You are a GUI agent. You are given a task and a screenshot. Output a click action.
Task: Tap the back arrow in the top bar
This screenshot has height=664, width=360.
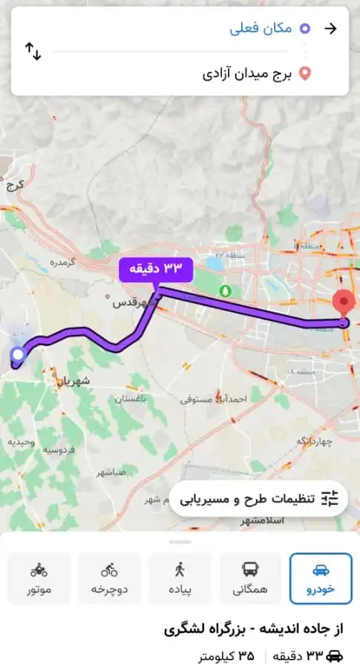coord(331,29)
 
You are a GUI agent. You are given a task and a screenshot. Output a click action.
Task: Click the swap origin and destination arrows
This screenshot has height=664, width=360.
coord(33,51)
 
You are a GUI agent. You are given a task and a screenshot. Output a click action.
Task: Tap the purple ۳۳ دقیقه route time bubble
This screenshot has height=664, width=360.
coord(156,268)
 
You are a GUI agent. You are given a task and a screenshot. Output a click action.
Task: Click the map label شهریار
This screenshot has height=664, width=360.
coord(74,380)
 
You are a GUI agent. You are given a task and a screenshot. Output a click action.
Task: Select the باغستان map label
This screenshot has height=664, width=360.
coord(131,399)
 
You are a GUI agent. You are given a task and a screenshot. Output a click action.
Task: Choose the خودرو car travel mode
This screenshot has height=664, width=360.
coord(321,578)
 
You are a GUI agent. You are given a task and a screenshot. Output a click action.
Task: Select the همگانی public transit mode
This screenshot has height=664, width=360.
coord(250,578)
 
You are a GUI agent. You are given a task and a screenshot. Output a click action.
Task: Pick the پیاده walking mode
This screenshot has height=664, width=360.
coord(180,578)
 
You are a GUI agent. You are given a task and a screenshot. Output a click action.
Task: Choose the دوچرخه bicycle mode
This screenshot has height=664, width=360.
coord(109,578)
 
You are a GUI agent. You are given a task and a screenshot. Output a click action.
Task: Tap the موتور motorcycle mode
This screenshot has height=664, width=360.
coord(39,578)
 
